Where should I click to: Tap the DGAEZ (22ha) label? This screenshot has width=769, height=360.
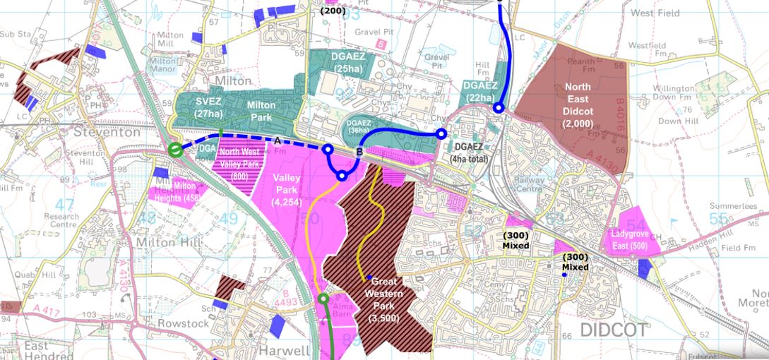point(483,92)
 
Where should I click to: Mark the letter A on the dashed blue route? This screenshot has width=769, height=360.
point(278,141)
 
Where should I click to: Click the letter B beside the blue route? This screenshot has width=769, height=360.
point(359,151)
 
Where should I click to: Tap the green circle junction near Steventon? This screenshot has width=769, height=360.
point(176,150)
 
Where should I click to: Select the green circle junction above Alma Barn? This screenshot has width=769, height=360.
point(323,299)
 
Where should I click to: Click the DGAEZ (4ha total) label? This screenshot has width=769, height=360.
point(481,153)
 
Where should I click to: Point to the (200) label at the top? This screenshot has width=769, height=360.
point(332,11)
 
